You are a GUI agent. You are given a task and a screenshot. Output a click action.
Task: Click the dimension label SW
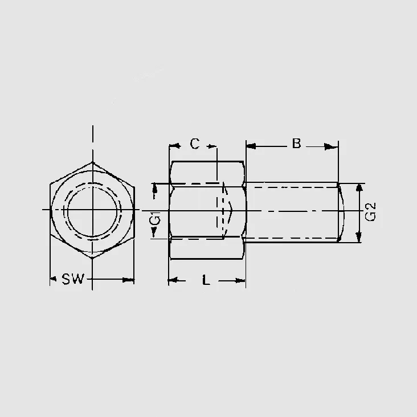[73, 279]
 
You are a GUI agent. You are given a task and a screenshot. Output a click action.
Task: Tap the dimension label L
[206, 280]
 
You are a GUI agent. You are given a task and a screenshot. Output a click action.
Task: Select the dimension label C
[195, 144]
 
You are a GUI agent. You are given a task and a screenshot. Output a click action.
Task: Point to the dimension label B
[296, 144]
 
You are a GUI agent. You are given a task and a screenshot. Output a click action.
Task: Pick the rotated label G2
[370, 212]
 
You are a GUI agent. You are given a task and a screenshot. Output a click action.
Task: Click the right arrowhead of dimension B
[331, 146]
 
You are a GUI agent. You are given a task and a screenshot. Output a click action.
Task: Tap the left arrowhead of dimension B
[251, 146]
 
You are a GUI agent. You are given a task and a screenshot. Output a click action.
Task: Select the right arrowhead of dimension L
[240, 280]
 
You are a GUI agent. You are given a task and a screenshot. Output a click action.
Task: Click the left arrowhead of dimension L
[173, 280]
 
